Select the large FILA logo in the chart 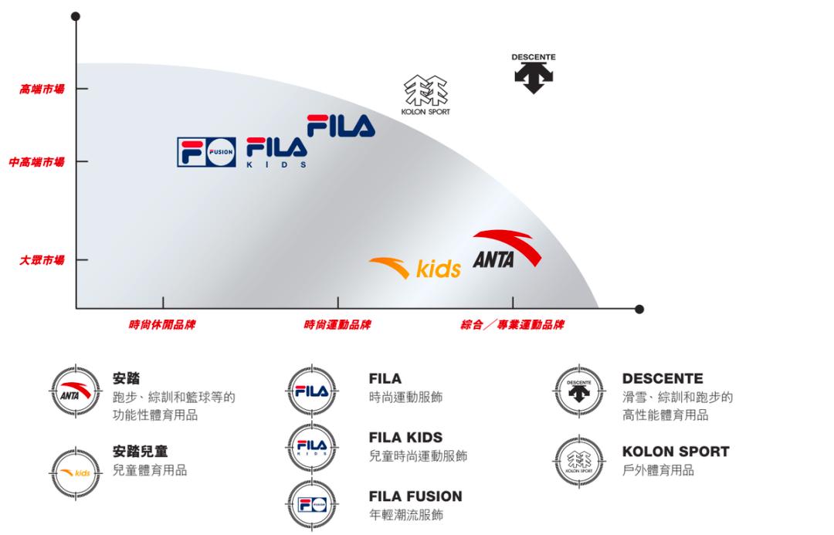pos(341,127)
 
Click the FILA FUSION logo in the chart pos(206,152)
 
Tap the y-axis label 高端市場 pos(42,90)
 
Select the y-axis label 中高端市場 pos(37,162)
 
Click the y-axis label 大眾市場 pos(42,260)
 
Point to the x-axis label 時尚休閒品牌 pos(162,325)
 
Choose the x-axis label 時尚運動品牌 pos(337,325)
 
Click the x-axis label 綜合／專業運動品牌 pos(512,325)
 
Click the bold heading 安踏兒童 pos(140,452)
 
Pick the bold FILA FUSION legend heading pos(415,496)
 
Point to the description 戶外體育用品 pos(658,470)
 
